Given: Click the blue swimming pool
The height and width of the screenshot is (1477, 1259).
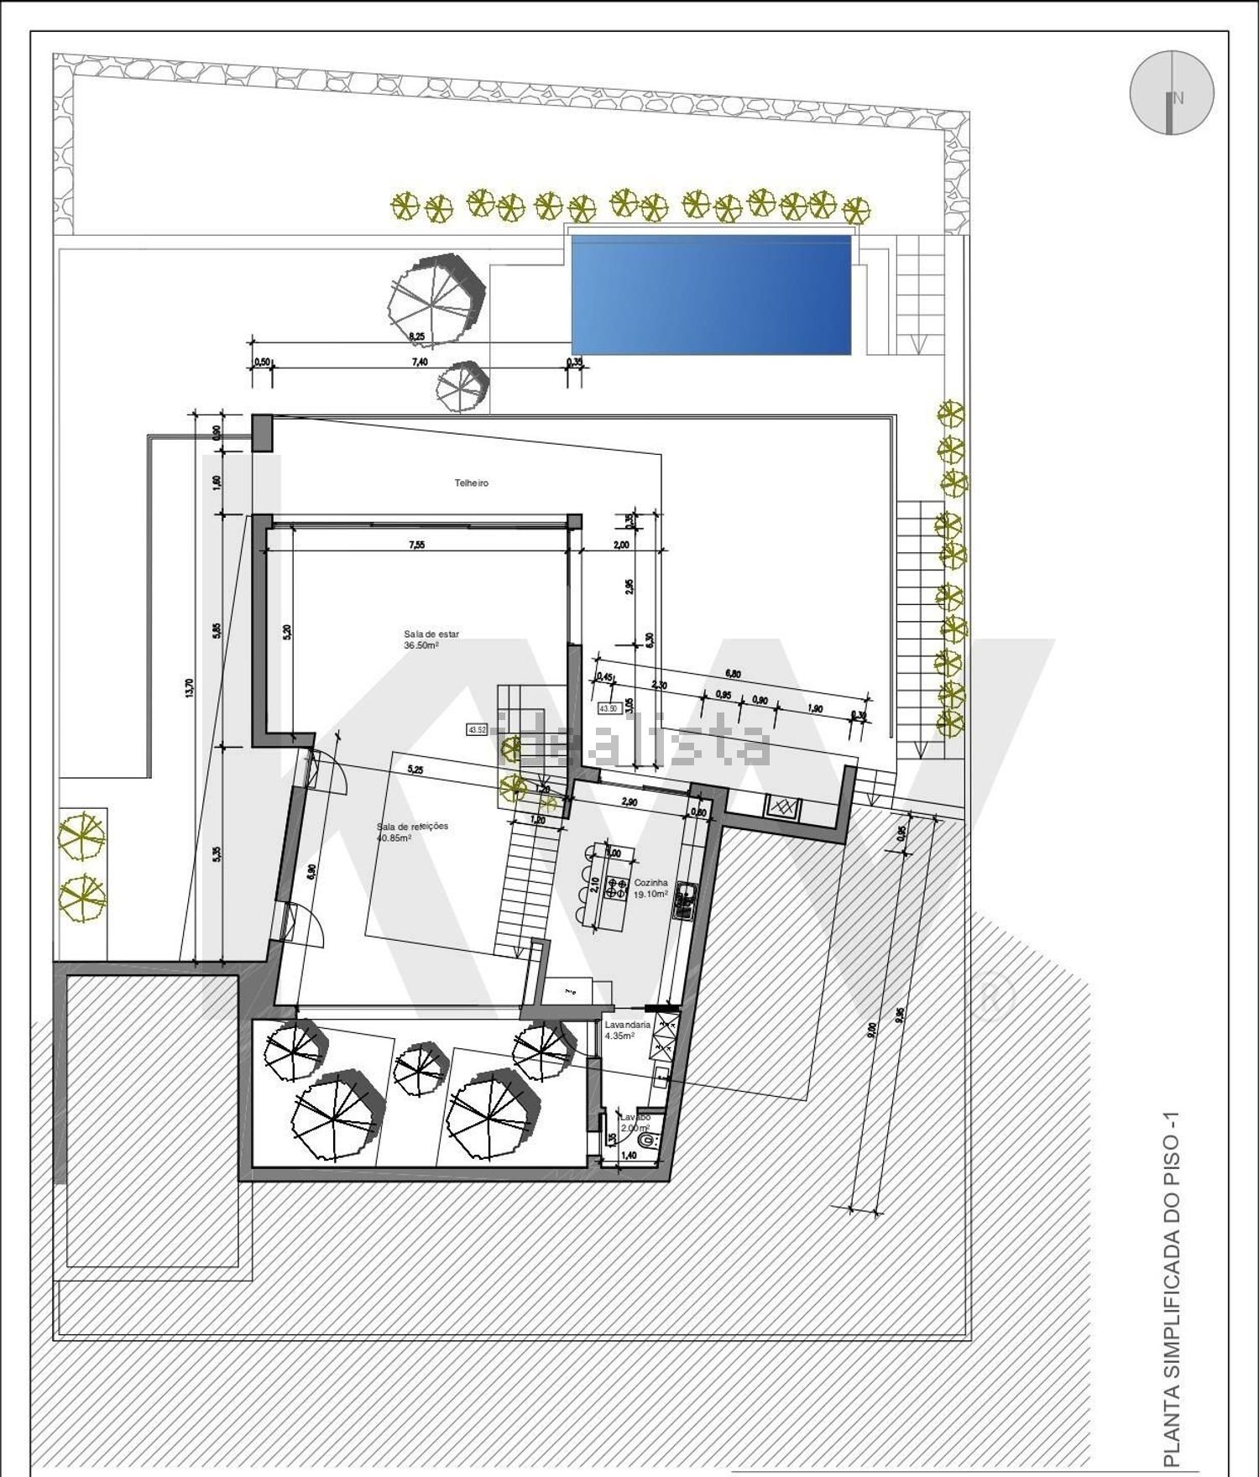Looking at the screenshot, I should point(711,295).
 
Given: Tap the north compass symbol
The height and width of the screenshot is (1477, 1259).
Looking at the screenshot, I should point(1172,92).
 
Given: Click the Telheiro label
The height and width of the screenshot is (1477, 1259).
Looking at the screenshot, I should point(471,483).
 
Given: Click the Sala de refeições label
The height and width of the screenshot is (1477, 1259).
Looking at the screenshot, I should point(411,827).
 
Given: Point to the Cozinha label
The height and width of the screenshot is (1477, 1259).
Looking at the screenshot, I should point(650,883).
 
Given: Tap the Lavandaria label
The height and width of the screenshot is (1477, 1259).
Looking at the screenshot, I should point(627,1025).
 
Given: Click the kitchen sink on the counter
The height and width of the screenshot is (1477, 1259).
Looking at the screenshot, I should point(687,900).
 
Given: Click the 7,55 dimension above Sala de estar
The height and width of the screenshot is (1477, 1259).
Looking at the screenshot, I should point(416,545).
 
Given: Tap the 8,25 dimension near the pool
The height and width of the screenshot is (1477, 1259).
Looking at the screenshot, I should point(416,337).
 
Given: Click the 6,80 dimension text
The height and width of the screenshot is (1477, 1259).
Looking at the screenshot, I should point(732,673).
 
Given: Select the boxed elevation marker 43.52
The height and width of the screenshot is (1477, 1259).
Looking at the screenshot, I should point(477,730).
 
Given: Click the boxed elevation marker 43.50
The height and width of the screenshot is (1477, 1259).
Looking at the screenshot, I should point(608,708).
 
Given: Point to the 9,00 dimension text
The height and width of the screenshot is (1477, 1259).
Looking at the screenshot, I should point(872,1029).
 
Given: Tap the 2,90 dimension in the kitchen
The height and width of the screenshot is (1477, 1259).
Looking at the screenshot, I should point(629,802).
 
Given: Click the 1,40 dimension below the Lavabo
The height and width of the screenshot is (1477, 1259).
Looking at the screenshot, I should point(628,1156).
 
